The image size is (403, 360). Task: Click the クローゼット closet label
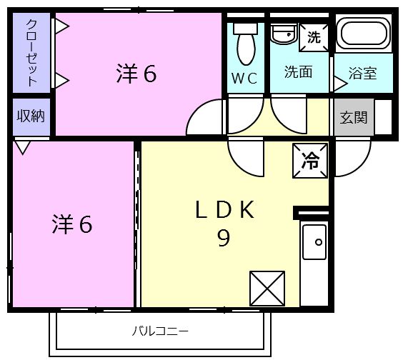tap(32, 53)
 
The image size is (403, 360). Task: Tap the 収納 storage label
tap(31, 116)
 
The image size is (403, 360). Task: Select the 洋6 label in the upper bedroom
tap(136, 74)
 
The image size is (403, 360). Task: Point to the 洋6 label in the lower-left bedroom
tap(71, 224)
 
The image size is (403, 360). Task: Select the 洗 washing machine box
tap(314, 36)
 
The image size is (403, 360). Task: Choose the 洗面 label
tap(298, 72)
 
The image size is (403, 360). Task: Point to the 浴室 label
tap(362, 73)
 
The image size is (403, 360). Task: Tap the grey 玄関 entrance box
tap(353, 117)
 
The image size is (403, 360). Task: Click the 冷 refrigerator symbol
tap(310, 160)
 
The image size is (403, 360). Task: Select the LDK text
tap(224, 210)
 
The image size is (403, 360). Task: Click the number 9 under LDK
tap(224, 239)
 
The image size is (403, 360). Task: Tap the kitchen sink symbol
tap(314, 242)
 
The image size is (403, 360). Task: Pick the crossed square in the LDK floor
tap(267, 289)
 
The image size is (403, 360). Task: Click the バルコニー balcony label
tap(160, 331)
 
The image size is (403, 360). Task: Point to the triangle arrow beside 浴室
tap(339, 84)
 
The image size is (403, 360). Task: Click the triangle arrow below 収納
tap(22, 147)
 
